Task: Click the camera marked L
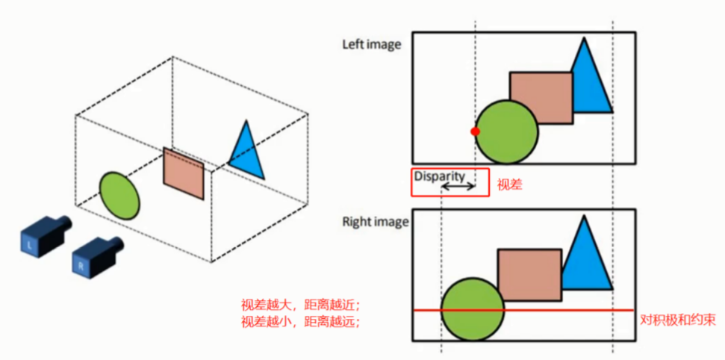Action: point(43,233)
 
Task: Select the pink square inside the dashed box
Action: point(184,174)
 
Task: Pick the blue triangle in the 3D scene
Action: point(247,152)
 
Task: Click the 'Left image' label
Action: point(371,44)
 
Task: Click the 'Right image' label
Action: point(376,222)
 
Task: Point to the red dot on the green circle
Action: point(475,131)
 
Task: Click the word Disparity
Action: point(440,176)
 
